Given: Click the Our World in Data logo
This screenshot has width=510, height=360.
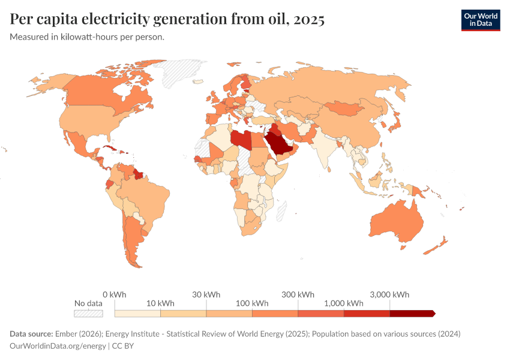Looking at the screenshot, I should (x=480, y=19).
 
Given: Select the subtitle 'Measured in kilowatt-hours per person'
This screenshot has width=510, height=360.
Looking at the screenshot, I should (x=87, y=37).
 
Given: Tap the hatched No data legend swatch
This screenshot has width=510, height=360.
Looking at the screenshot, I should (x=88, y=313).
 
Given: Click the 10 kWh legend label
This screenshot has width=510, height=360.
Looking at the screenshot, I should (x=160, y=304).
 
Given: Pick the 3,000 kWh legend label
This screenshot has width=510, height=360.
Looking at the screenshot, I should (x=390, y=295).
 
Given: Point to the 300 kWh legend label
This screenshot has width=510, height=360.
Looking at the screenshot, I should (x=298, y=295).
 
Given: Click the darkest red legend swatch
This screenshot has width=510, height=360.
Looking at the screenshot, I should (x=412, y=313).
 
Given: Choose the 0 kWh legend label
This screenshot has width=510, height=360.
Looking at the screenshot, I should (x=114, y=295).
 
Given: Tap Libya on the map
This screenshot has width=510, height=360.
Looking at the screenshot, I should (x=241, y=139).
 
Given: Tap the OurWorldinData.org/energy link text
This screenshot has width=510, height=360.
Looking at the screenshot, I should (x=58, y=346).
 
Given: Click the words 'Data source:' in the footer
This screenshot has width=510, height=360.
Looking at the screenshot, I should (x=31, y=334).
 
